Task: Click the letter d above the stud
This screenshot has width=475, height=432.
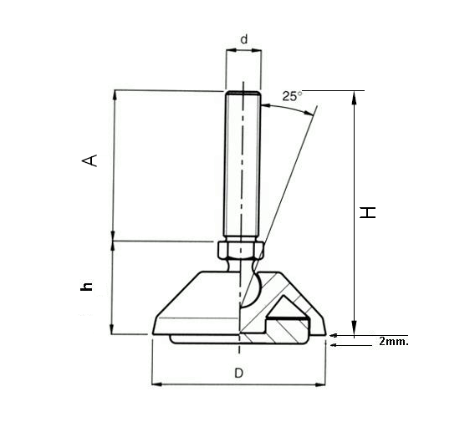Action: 243,39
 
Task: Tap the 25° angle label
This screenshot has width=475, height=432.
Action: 292,96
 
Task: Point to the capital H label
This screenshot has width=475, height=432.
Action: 367,212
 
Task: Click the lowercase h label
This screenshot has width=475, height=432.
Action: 85,287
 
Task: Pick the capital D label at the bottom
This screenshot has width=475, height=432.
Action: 238,374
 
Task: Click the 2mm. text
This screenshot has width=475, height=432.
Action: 393,341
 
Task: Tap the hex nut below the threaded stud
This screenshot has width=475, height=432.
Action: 242,249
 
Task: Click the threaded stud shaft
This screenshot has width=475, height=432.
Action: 243,167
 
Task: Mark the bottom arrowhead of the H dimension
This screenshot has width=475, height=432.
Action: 355,328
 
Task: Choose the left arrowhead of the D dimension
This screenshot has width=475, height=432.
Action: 156,385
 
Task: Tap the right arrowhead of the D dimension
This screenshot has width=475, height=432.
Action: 321,385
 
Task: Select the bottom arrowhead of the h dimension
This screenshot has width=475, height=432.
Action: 114,330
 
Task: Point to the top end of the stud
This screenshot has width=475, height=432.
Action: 243,92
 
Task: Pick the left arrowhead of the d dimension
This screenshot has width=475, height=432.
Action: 228,51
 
